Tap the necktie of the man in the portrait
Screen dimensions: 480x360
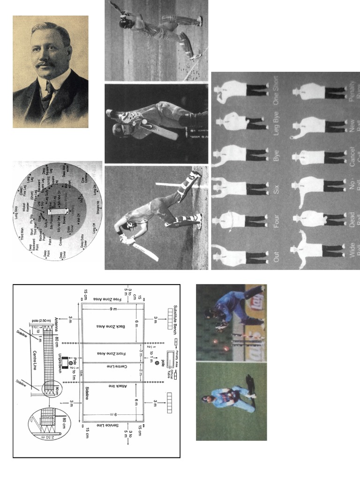coord(47,94)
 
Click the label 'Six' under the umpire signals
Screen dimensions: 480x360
coord(277,189)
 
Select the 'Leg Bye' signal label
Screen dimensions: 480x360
coord(277,124)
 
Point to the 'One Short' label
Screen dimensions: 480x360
coord(277,90)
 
